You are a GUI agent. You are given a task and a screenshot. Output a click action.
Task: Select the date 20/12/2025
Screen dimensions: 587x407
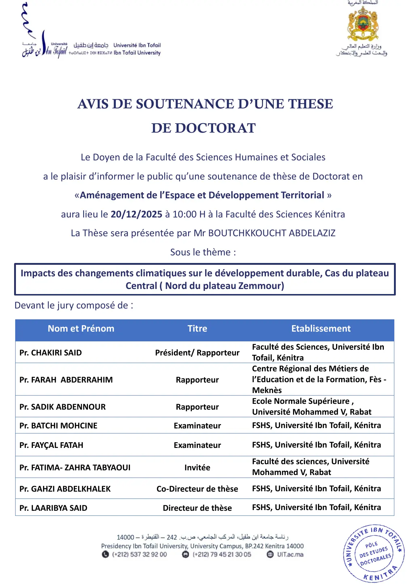(136, 214)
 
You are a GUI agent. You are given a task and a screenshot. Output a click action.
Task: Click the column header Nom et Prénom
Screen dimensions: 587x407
(81, 328)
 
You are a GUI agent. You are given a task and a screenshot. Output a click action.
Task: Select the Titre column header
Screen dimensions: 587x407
(197, 328)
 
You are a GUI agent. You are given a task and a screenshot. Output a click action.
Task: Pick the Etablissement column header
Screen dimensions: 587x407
(321, 328)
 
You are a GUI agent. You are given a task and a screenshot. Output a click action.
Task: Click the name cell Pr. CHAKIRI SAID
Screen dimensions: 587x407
(51, 353)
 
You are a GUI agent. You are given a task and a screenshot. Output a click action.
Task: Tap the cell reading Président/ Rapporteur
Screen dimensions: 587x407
(197, 353)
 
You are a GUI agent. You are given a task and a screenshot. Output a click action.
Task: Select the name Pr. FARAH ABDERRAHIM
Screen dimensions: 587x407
(66, 380)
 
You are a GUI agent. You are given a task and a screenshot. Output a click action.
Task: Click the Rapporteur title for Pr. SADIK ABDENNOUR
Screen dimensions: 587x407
(197, 407)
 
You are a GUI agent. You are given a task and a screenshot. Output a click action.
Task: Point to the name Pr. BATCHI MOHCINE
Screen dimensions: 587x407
(59, 426)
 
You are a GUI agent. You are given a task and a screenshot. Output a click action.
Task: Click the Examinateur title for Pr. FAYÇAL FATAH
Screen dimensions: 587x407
(197, 445)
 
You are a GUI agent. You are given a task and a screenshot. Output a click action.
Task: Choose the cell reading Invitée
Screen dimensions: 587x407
(197, 467)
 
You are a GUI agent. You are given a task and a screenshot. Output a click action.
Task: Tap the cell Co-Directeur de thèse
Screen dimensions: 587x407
(197, 489)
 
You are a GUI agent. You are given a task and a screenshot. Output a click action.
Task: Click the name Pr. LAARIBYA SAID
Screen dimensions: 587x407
(54, 508)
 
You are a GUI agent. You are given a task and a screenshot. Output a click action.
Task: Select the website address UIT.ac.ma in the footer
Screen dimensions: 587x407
(290, 554)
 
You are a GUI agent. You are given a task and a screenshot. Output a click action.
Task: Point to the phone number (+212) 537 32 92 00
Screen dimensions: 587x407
(139, 554)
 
